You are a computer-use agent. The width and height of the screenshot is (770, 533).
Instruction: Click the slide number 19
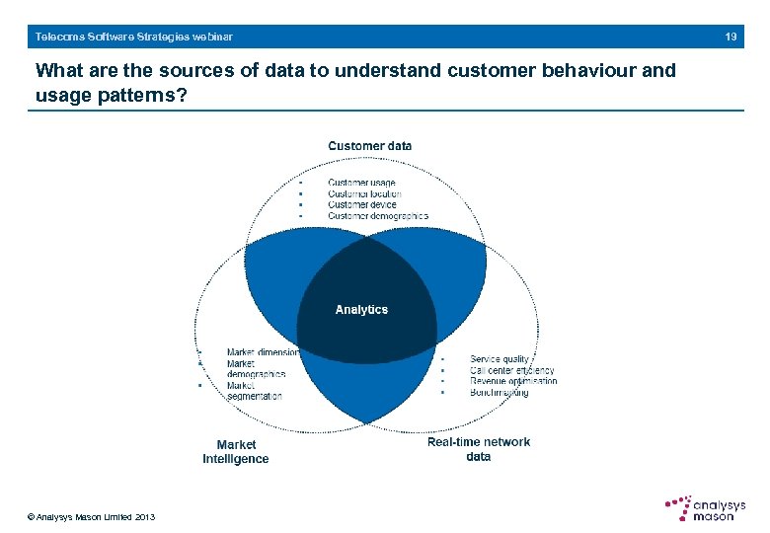pyautogui.click(x=731, y=37)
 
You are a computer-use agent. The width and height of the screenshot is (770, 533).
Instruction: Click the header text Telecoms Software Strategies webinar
pyautogui.click(x=134, y=37)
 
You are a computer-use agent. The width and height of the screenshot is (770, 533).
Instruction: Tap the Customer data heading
pyautogui.click(x=370, y=146)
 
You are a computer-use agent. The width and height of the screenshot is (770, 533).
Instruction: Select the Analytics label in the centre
pyautogui.click(x=361, y=310)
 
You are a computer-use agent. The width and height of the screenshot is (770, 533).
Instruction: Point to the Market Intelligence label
pyautogui.click(x=236, y=452)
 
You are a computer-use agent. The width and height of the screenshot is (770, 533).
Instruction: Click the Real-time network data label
pyautogui.click(x=479, y=449)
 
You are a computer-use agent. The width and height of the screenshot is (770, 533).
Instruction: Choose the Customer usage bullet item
pyautogui.click(x=361, y=183)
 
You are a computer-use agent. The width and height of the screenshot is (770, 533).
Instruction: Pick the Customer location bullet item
pyautogui.click(x=364, y=193)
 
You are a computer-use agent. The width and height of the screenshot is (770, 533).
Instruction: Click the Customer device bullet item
pyautogui.click(x=361, y=204)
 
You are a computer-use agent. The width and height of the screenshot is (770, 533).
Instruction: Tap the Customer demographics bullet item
pyautogui.click(x=377, y=215)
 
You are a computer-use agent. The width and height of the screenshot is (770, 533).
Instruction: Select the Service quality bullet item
pyautogui.click(x=500, y=359)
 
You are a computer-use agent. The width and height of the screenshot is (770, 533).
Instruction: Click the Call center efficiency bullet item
pyautogui.click(x=511, y=370)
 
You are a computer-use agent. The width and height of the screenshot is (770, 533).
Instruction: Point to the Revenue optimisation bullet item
pyautogui.click(x=513, y=381)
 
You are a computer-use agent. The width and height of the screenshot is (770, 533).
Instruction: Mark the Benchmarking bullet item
pyautogui.click(x=499, y=392)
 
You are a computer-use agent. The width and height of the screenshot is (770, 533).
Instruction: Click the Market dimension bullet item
pyautogui.click(x=263, y=352)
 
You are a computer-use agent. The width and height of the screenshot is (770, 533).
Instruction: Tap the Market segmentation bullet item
pyautogui.click(x=254, y=391)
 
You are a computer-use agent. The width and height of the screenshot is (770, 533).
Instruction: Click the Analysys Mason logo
pyautogui.click(x=703, y=507)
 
